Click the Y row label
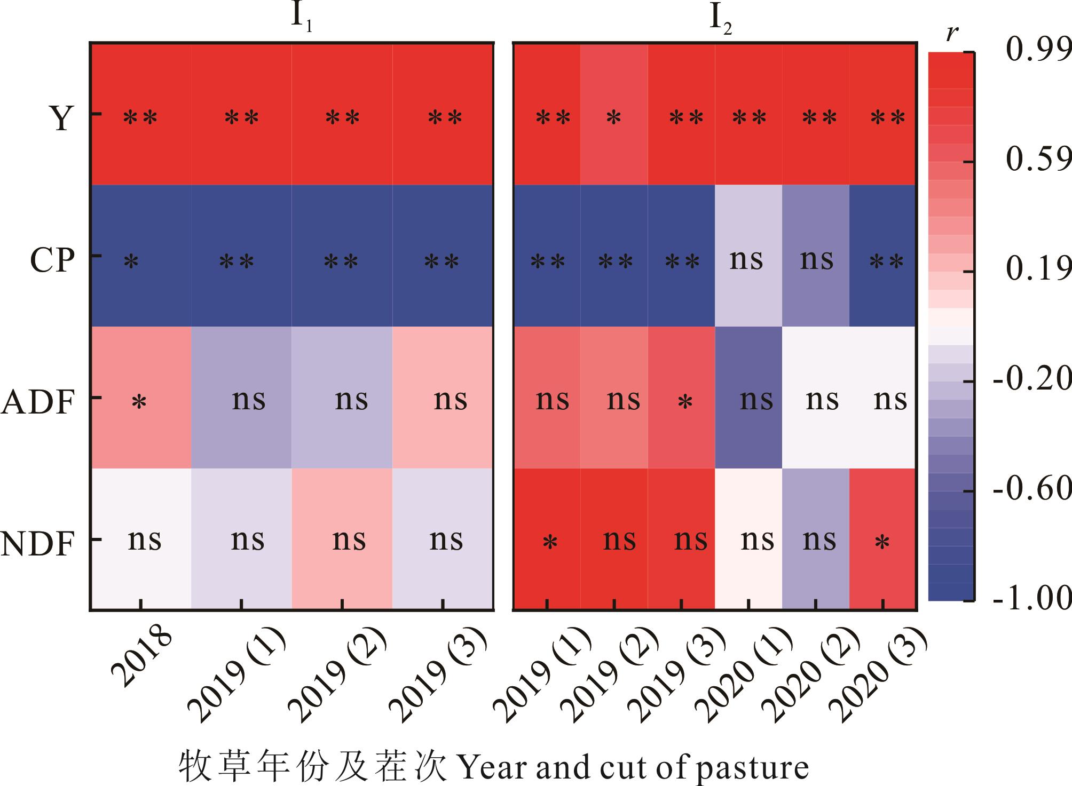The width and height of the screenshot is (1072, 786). (61, 118)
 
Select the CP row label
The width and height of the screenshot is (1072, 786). (52, 261)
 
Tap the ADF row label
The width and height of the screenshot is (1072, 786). (37, 402)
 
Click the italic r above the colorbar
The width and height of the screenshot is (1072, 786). (952, 33)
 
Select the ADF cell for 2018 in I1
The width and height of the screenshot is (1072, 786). (140, 398)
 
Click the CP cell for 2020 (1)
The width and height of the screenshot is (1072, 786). (748, 256)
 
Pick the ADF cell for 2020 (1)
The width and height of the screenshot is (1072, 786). (748, 398)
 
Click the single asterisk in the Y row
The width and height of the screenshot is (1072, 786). (614, 118)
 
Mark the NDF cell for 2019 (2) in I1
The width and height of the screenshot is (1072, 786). (342, 539)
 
